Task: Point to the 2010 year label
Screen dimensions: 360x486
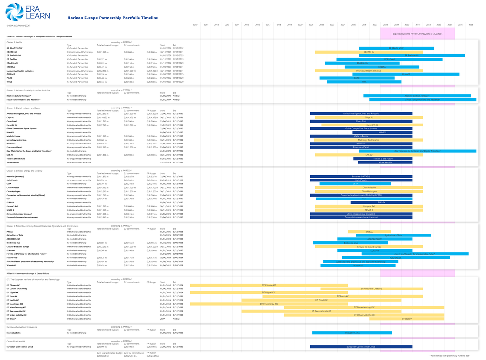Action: (x=195, y=25)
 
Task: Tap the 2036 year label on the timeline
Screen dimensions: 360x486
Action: (x=470, y=25)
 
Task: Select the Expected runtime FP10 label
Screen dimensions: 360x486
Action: (x=417, y=34)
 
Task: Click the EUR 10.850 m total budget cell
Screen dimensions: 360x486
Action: (x=103, y=117)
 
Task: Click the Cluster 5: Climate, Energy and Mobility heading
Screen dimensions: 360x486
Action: (x=25, y=171)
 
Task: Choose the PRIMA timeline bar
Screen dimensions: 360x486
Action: (x=369, y=232)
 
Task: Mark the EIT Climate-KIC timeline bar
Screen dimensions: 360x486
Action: (x=268, y=285)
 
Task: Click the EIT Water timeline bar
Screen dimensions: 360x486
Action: (x=407, y=319)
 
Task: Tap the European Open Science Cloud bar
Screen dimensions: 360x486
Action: (x=361, y=347)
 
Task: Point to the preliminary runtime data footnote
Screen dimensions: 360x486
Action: (x=451, y=356)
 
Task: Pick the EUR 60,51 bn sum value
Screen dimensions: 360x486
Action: (x=103, y=356)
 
